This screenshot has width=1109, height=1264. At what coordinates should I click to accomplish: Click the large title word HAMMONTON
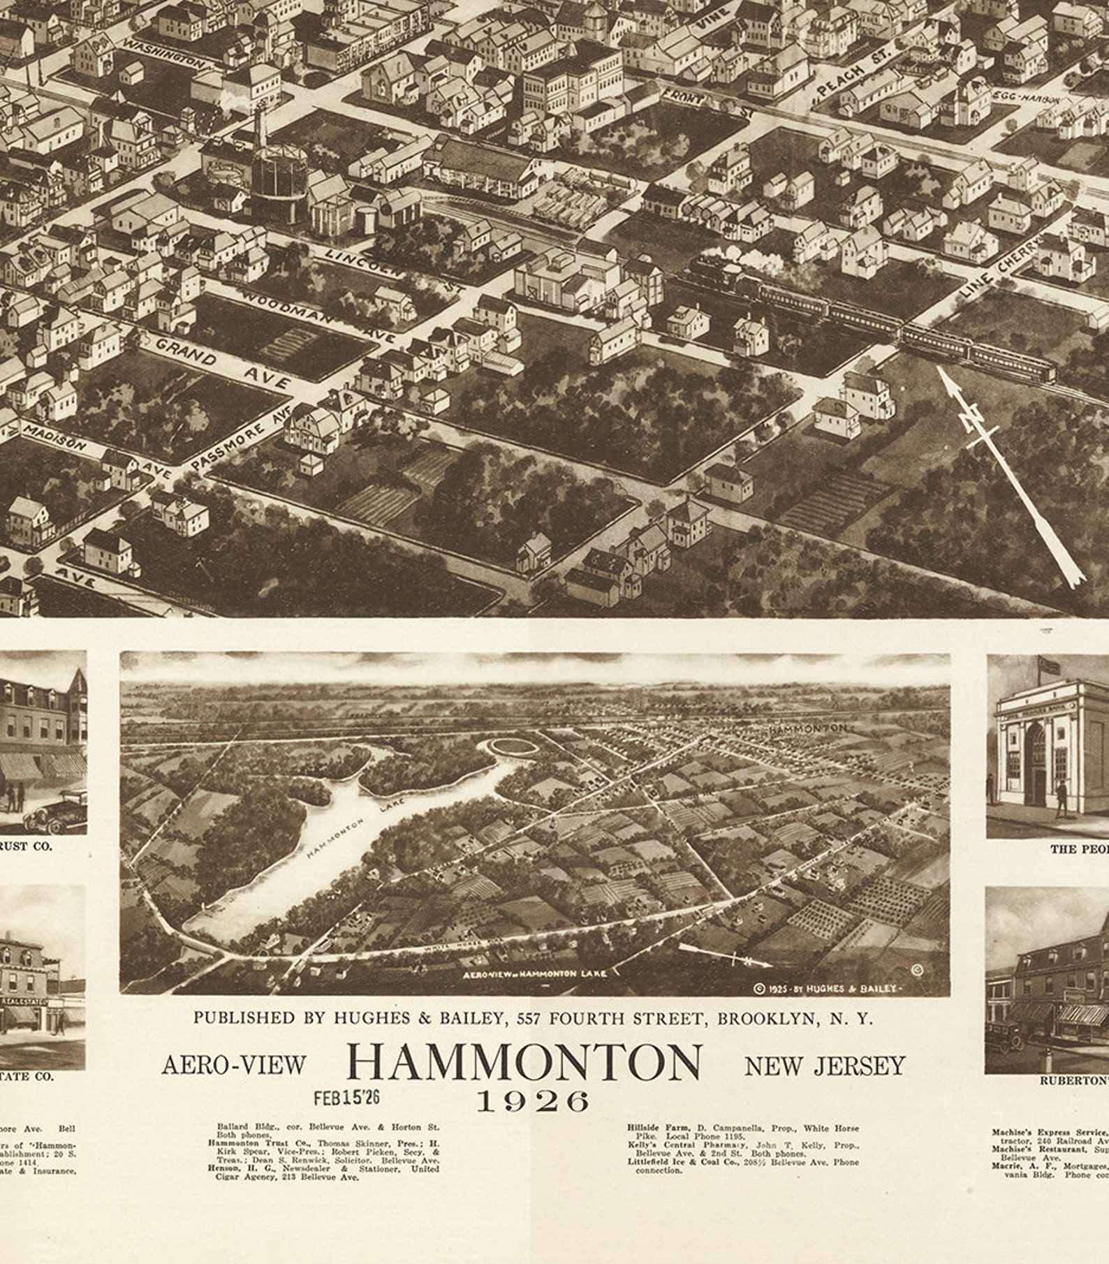pos(524,1062)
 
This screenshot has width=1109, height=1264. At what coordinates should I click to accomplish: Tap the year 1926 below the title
pos(533,1101)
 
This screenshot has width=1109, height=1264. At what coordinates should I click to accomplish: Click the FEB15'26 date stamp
pos(346,1097)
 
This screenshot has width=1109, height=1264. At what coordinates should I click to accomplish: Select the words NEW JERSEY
pos(824,1066)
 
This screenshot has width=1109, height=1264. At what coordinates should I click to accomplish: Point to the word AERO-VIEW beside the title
pos(234,1065)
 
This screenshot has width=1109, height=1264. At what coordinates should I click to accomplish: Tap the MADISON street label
pos(56,436)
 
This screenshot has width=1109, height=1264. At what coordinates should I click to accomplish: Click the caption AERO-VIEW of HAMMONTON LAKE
pos(535,973)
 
